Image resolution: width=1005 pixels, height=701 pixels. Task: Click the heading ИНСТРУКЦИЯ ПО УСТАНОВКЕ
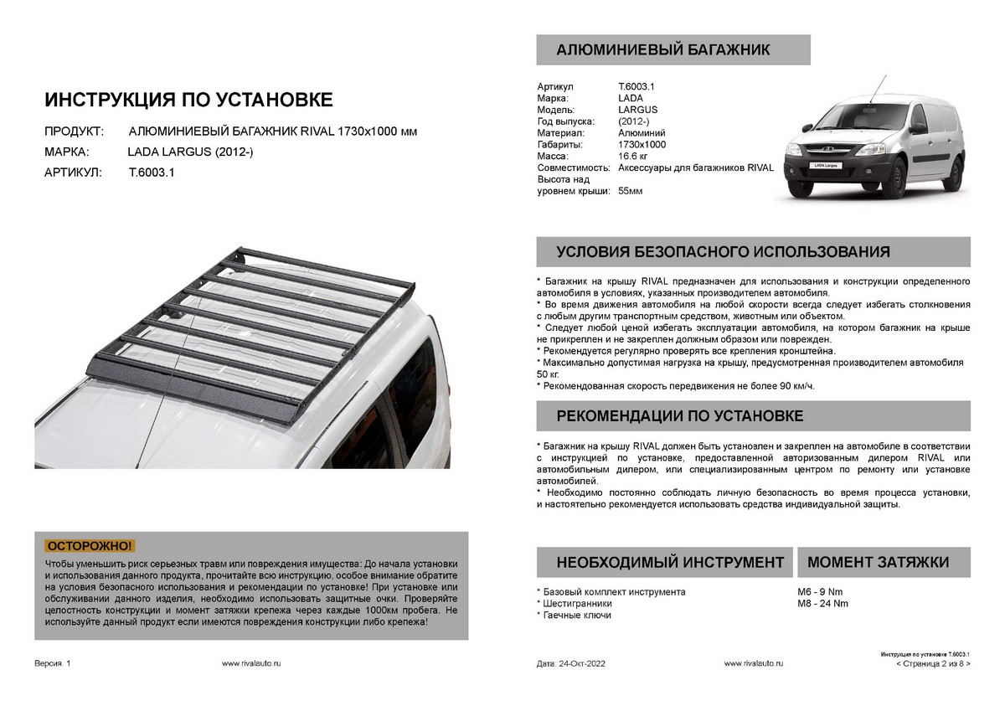[188, 101]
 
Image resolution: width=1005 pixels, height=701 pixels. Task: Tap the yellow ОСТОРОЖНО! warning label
[91, 546]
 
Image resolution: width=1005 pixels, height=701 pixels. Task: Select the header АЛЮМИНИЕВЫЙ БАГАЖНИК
[663, 50]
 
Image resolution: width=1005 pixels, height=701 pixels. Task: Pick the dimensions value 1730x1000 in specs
[642, 145]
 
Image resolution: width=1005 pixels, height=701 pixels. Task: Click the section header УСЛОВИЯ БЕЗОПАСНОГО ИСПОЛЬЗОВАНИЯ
[723, 252]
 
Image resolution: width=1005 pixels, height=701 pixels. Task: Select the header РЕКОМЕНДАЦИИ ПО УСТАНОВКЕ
[680, 416]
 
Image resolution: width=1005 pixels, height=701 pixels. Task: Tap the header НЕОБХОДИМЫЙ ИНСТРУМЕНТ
[670, 562]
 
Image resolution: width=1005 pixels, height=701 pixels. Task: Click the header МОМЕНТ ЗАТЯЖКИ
[878, 562]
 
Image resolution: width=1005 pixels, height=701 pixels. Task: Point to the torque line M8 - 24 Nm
[822, 604]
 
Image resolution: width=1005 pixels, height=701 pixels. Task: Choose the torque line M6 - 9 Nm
[820, 592]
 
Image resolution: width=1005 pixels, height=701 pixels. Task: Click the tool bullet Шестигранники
[577, 604]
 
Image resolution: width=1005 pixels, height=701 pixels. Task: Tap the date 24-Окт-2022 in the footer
[581, 663]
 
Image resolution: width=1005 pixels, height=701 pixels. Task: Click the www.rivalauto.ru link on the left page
[252, 663]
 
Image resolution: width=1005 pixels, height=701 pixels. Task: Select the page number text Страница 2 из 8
[932, 663]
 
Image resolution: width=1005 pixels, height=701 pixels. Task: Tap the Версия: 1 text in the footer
[53, 663]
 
